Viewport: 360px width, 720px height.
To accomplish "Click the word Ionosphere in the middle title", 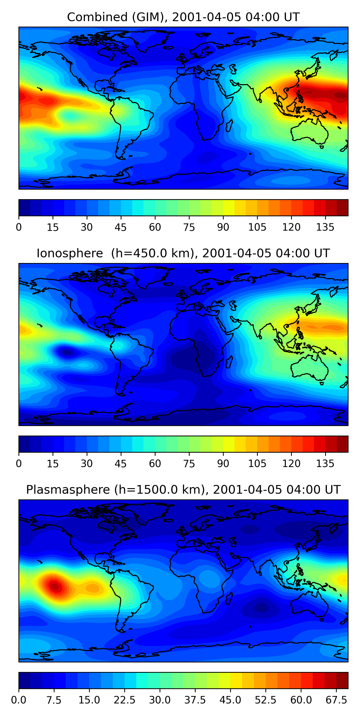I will click(70, 253).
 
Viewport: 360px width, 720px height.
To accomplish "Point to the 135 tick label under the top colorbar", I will click(325, 227).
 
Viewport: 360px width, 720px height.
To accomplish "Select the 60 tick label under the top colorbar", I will click(155, 227).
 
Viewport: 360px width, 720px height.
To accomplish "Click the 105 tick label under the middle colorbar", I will click(257, 464).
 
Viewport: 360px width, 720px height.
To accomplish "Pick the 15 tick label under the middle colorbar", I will click(53, 464).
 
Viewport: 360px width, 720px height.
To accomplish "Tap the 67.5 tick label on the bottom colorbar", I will click(336, 700).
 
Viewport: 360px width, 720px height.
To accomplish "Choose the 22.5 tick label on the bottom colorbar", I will click(124, 700).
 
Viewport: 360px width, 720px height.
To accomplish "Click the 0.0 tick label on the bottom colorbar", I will click(18, 700).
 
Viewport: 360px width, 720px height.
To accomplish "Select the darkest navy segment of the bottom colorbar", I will click(24, 680).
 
